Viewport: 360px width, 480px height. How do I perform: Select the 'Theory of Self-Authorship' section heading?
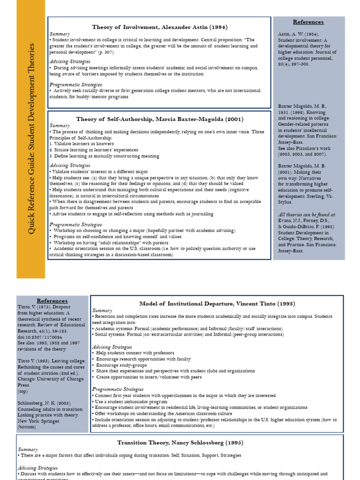[x=159, y=119]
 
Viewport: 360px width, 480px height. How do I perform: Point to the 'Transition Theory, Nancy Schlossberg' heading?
[x=180, y=442]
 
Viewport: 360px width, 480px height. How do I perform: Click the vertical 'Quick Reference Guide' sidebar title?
[x=31, y=139]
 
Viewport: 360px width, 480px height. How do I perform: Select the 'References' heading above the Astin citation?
[x=308, y=22]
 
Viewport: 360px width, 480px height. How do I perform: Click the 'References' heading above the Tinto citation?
[x=52, y=300]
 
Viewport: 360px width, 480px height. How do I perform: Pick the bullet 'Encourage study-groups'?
[x=121, y=365]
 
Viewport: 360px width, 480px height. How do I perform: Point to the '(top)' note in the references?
[x=23, y=391]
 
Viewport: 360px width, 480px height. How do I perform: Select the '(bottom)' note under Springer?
[x=26, y=427]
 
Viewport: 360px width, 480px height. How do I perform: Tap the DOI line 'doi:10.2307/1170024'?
[x=41, y=337]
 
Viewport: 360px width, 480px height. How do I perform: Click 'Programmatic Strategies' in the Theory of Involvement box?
[x=76, y=84]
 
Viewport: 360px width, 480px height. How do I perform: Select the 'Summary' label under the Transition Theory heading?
[x=28, y=449]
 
